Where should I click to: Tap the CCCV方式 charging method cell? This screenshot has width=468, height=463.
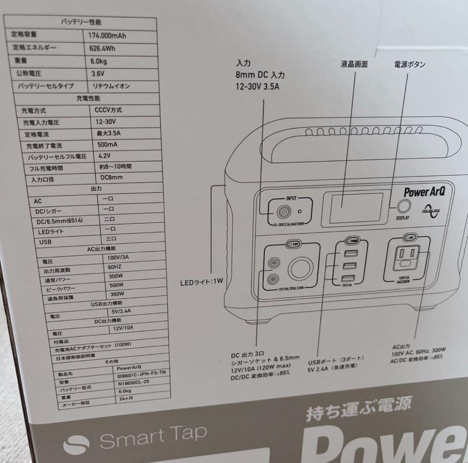(x=108, y=110)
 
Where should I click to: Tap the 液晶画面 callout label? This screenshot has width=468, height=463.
(x=354, y=65)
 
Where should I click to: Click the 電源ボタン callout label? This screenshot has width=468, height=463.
(x=409, y=65)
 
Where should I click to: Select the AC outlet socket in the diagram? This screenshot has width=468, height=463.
(x=407, y=258)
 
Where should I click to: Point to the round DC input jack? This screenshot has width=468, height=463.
(x=284, y=212)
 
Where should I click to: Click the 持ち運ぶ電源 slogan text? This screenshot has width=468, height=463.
(x=358, y=408)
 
